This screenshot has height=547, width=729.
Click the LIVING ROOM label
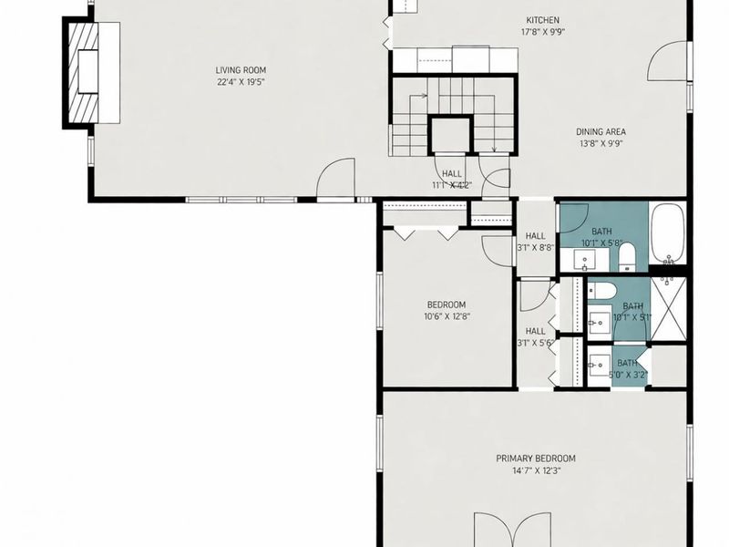point(241,69)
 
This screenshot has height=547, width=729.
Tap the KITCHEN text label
point(542,20)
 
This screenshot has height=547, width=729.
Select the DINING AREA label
point(602,131)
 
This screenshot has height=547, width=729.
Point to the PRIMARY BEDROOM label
point(535,459)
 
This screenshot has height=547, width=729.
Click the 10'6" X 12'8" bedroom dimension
point(447,317)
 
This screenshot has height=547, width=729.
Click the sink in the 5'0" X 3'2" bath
point(598,366)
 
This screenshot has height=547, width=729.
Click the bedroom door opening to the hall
point(497,245)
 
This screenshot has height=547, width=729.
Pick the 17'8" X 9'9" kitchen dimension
point(542,32)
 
